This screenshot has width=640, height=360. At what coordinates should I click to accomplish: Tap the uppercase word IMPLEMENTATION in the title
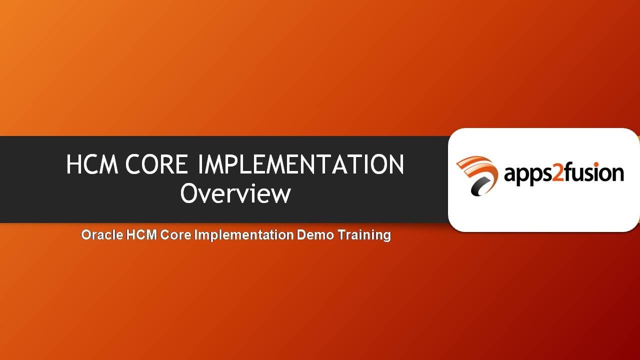click(x=301, y=164)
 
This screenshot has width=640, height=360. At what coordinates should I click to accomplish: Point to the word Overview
click(x=235, y=193)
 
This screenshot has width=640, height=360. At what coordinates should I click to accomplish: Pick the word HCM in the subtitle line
click(x=142, y=234)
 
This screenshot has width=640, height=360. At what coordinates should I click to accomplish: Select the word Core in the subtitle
click(x=175, y=234)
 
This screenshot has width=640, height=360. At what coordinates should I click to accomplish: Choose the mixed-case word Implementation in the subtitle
click(x=244, y=234)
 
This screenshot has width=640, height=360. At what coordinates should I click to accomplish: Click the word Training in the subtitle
click(x=364, y=234)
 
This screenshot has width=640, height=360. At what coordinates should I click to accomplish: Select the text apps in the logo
click(x=527, y=174)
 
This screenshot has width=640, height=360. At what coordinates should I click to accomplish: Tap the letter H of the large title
click(x=74, y=164)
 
